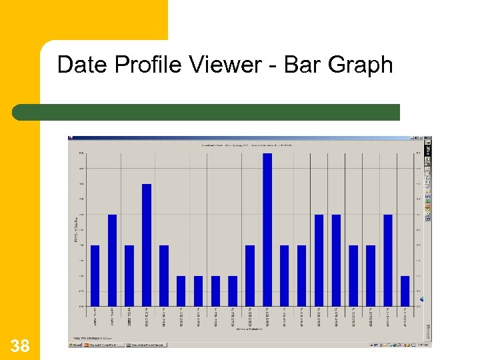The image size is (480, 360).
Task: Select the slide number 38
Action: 20,345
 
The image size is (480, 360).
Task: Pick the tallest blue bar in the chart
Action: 267,229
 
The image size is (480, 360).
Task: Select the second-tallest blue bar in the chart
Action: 147,245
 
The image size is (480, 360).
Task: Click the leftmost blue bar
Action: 95,275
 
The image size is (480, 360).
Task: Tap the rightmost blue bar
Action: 405,291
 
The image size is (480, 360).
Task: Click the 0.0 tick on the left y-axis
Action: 81,306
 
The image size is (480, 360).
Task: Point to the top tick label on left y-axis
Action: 81,153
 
